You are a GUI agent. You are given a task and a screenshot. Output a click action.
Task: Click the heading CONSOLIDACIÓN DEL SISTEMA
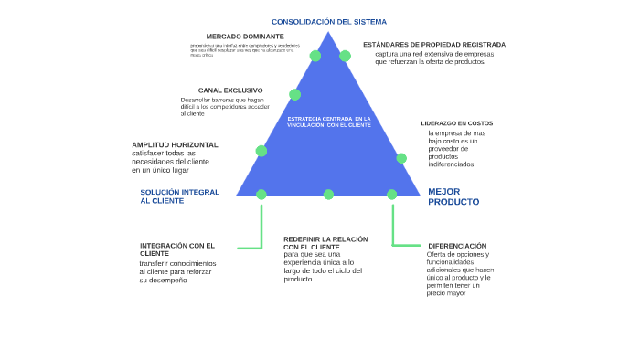(x=328, y=21)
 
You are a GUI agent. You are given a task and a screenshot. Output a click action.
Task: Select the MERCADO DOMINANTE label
(x=232, y=37)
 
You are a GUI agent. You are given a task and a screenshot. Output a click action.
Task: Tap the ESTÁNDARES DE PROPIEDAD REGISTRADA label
(x=433, y=44)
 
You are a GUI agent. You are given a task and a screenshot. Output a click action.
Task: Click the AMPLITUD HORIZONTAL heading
(x=175, y=144)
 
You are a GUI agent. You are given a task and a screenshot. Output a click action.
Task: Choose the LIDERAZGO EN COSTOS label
(x=456, y=122)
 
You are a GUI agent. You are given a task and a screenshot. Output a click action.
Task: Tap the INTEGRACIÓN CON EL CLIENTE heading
(x=177, y=249)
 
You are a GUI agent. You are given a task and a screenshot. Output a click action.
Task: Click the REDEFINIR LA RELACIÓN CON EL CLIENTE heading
(x=325, y=242)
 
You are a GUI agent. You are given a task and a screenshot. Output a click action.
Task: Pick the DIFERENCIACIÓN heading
(x=456, y=246)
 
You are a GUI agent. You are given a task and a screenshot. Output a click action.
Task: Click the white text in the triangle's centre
(x=329, y=122)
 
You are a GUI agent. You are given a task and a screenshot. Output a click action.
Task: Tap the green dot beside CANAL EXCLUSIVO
(x=294, y=94)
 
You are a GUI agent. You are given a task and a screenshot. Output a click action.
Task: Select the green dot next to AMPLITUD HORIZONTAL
(x=261, y=151)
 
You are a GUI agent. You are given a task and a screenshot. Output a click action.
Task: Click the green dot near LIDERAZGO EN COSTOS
(x=401, y=158)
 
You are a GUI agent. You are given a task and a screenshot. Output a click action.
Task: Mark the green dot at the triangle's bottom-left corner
(x=261, y=194)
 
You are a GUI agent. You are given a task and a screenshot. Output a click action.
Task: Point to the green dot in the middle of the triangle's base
(x=328, y=194)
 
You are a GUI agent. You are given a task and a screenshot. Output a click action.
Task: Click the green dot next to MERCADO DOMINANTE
(x=315, y=56)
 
